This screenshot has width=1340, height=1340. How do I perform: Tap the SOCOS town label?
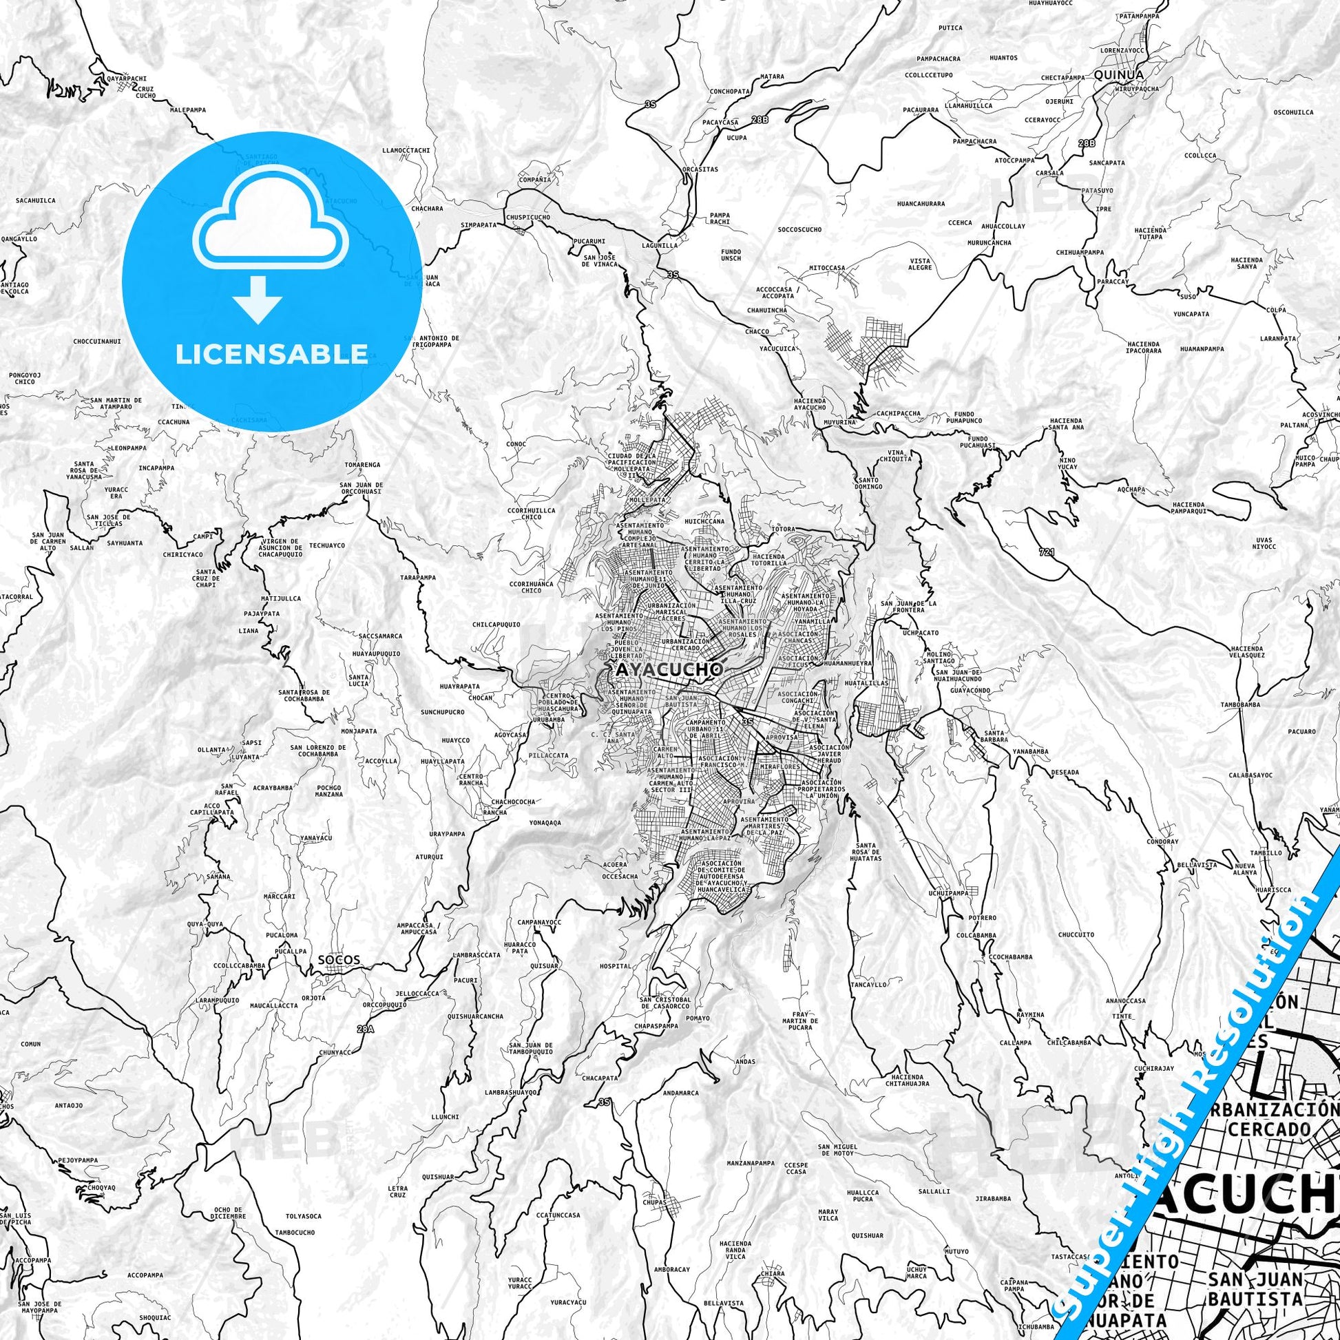[x=339, y=960]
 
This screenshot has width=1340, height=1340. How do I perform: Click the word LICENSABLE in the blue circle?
[x=272, y=354]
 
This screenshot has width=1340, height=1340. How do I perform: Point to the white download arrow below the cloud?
[x=258, y=299]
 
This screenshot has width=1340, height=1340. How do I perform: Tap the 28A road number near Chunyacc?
[x=366, y=1029]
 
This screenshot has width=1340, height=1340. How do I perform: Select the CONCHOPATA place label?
[x=730, y=91]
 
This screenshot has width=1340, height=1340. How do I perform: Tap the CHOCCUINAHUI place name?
[x=97, y=342]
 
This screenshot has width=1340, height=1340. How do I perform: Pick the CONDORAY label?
[x=1162, y=842]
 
